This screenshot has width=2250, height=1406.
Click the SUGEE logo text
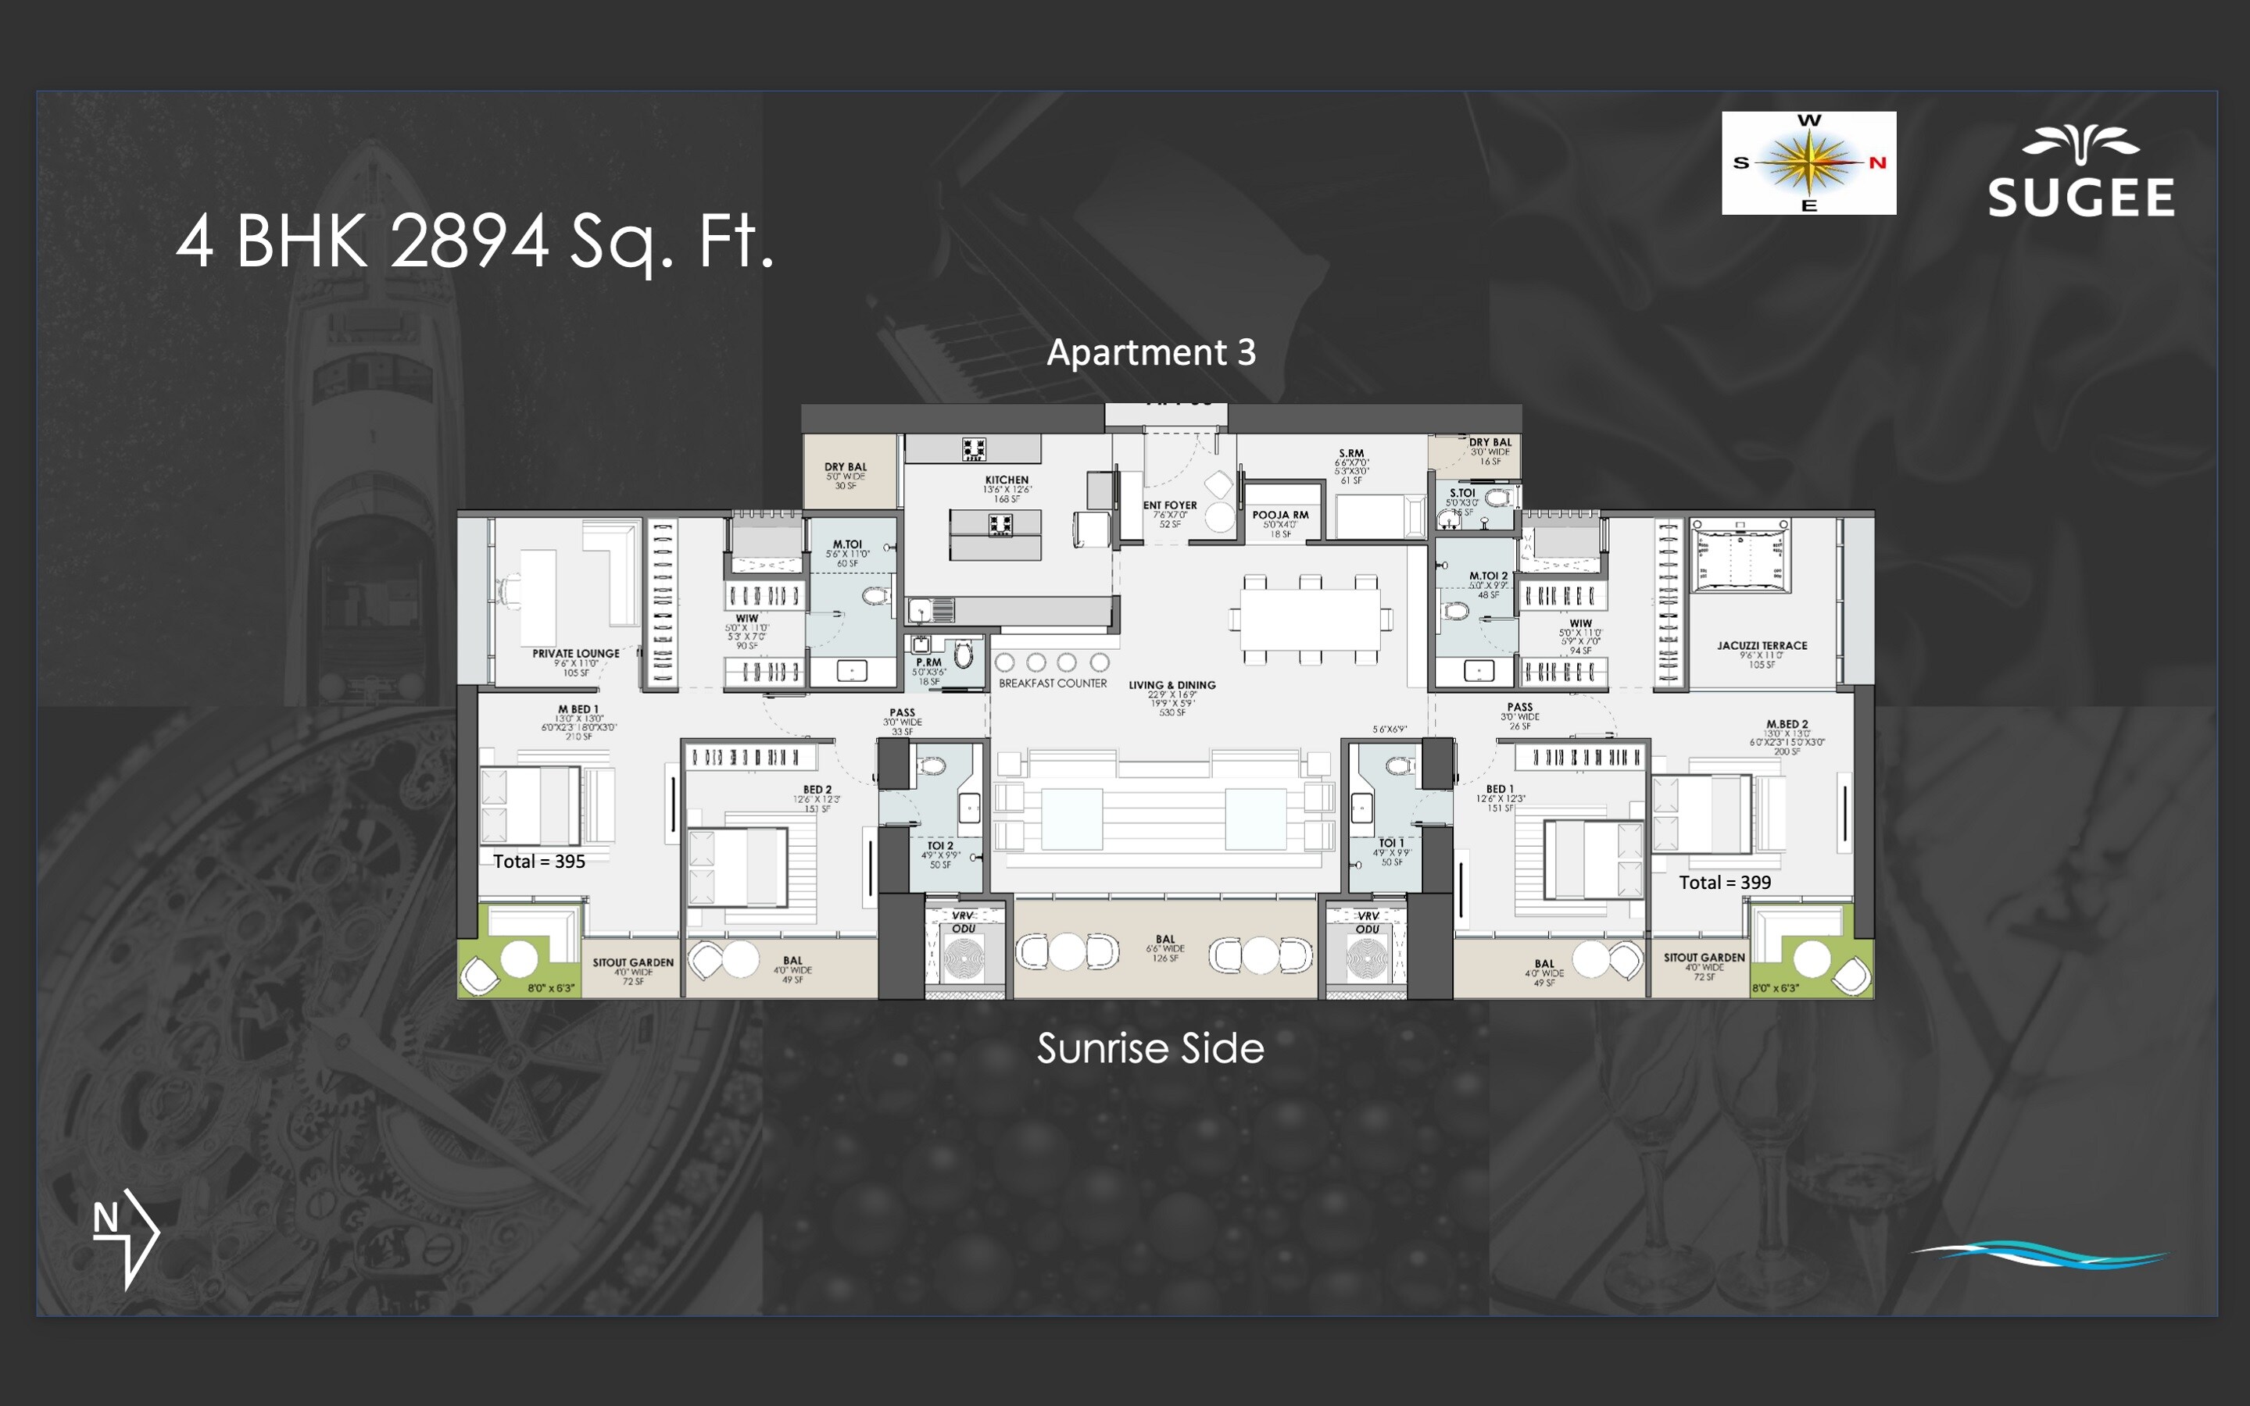(2080, 197)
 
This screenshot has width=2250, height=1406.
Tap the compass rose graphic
(1808, 162)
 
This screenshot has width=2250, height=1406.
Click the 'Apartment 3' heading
(1150, 352)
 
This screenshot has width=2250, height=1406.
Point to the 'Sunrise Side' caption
(1150, 1049)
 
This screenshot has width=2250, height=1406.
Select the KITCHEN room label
(1007, 480)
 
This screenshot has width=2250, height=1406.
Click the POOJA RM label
(1280, 514)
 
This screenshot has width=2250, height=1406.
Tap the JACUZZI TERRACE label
(1762, 645)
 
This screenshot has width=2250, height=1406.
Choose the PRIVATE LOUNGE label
(576, 653)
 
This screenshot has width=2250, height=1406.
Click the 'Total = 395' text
(538, 861)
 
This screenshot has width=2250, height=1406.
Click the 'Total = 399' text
(1725, 883)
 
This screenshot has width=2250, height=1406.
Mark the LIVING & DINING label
(1172, 685)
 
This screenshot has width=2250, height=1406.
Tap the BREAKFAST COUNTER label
(1053, 683)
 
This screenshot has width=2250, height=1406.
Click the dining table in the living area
(1311, 619)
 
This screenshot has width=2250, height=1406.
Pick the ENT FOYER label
(1170, 505)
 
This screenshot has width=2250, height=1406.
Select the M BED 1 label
(578, 709)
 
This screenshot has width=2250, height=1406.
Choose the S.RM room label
(1350, 454)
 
